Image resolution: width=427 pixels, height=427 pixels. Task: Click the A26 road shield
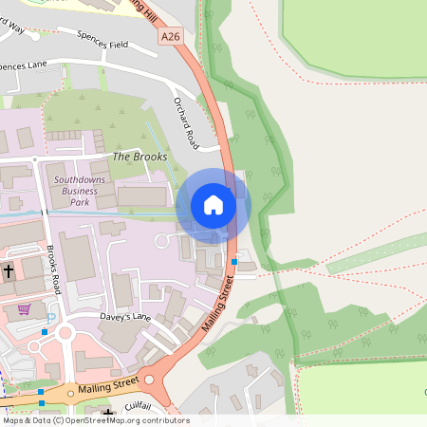tap(170, 37)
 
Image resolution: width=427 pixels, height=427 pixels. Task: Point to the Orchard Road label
tap(186, 122)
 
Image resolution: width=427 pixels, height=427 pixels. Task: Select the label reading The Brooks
tap(139, 157)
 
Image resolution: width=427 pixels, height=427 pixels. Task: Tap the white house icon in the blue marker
tap(213, 205)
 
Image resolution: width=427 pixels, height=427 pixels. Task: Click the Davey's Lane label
tap(125, 316)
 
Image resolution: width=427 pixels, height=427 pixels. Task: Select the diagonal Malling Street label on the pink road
tap(216, 303)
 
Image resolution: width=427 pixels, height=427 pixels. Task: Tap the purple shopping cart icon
tap(24, 308)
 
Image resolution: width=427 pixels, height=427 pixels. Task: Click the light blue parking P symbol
tap(51, 319)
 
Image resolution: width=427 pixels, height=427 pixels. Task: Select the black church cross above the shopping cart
tap(8, 271)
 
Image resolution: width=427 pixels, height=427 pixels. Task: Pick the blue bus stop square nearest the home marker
tap(233, 261)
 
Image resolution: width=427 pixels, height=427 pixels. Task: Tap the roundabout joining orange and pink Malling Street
tap(149, 381)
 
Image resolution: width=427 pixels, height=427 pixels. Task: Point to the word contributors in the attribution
tap(165, 420)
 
